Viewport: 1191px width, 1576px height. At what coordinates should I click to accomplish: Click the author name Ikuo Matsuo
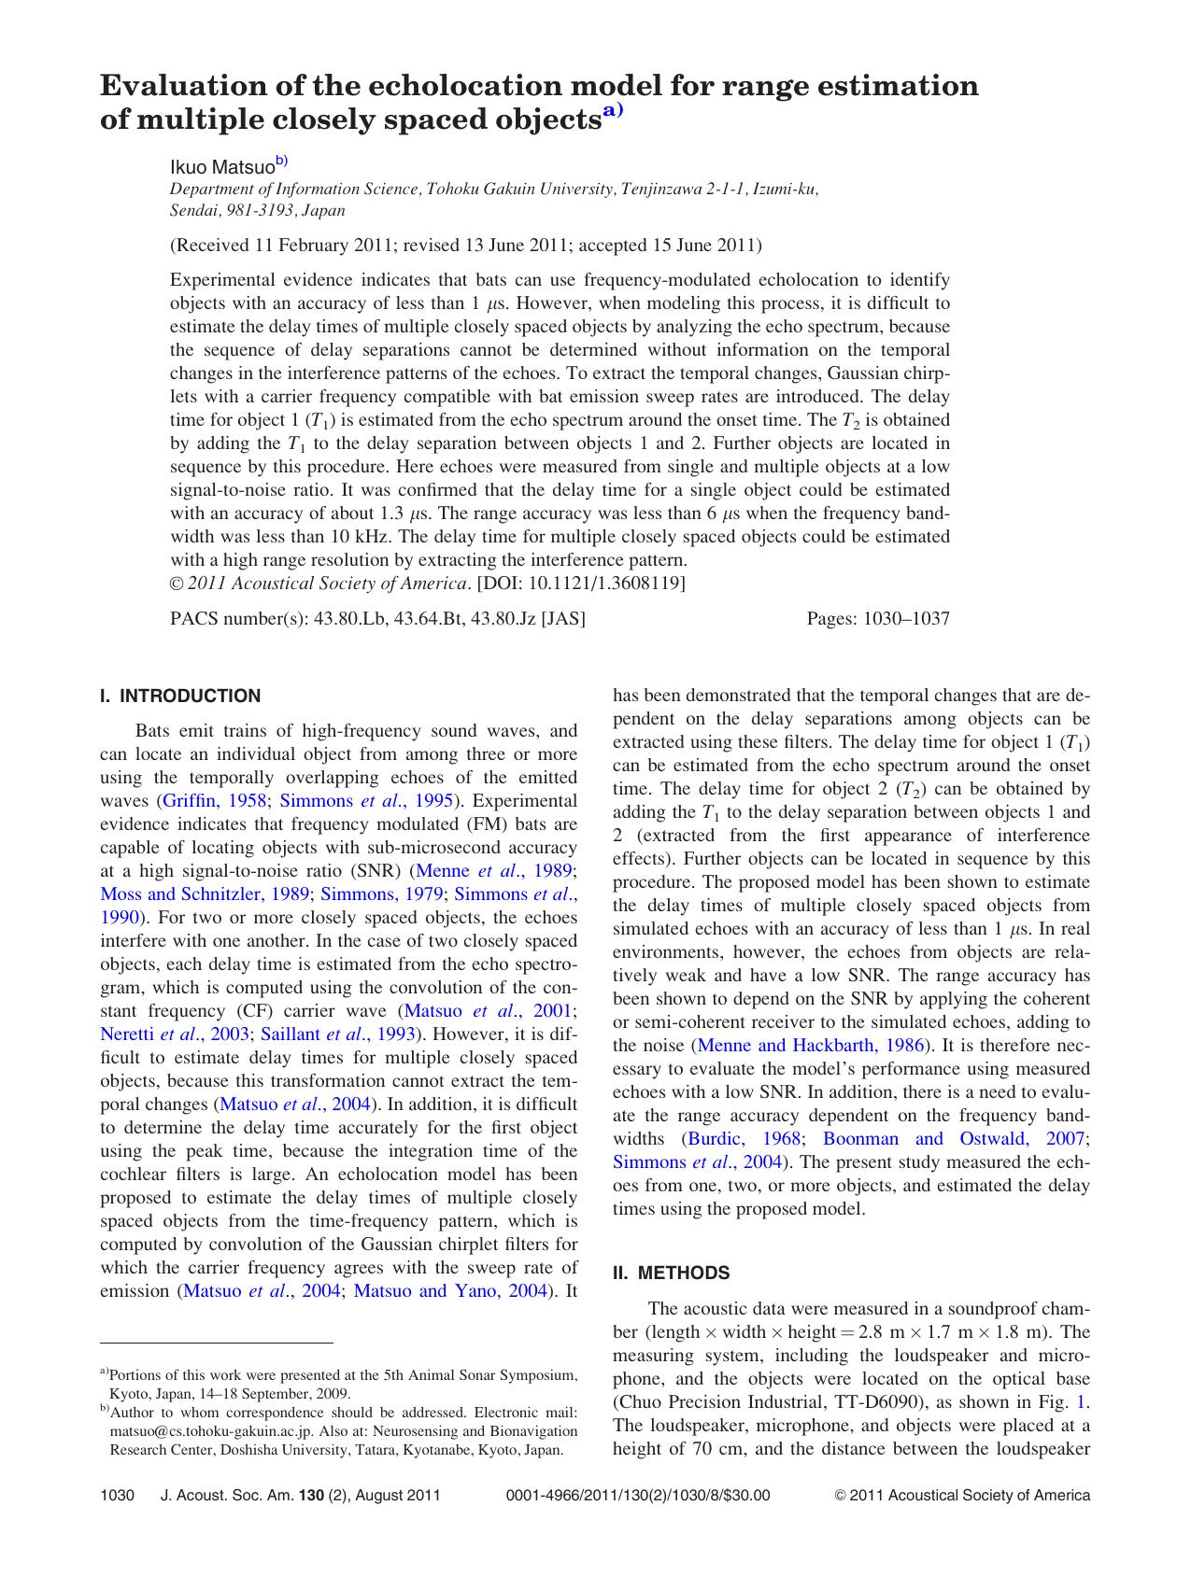(x=221, y=167)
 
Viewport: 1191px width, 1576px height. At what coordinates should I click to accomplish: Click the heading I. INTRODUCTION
(x=180, y=696)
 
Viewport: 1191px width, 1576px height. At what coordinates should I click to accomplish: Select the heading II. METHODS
(x=671, y=1273)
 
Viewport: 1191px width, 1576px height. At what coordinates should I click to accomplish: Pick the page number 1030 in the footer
(x=118, y=1495)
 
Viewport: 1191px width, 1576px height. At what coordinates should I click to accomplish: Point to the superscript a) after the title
(x=612, y=111)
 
